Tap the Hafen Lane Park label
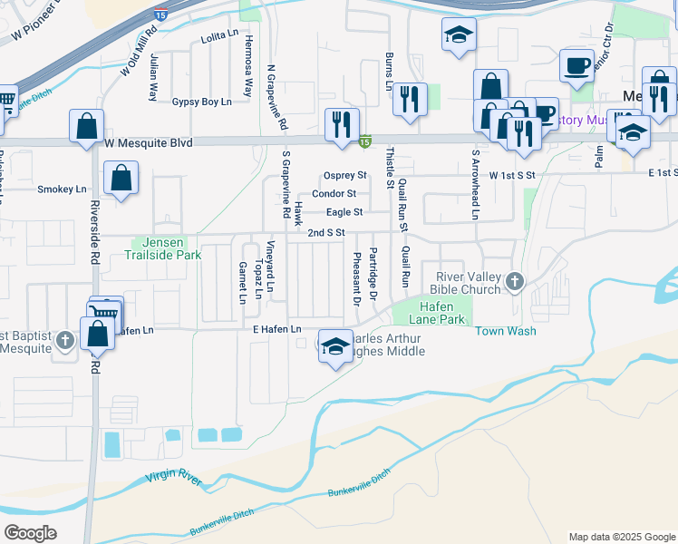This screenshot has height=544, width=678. click(x=430, y=314)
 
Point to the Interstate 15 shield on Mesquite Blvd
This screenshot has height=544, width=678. click(x=364, y=141)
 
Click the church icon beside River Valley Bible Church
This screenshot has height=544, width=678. click(x=515, y=281)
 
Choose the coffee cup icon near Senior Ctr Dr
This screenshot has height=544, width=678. click(x=576, y=65)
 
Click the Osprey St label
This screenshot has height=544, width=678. click(x=344, y=175)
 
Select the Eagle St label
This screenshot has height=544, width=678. click(x=344, y=212)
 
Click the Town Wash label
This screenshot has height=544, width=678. click(x=506, y=331)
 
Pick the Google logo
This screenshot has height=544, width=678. click(x=31, y=532)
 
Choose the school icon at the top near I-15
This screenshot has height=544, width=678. click(x=459, y=35)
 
